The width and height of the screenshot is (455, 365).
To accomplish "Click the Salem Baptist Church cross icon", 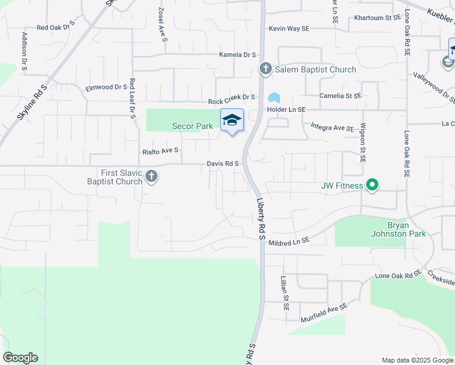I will [265, 69].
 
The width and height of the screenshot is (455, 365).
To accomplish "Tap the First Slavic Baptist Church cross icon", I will [151, 177].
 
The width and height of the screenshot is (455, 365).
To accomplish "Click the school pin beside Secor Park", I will [231, 120].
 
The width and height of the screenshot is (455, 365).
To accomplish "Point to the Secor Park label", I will [191, 126].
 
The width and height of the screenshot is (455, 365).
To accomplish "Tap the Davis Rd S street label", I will [224, 164].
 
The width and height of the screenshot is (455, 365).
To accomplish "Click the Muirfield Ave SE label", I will [324, 313].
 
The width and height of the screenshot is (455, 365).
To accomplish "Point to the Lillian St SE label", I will [283, 292].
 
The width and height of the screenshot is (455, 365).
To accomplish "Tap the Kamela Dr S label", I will [238, 55].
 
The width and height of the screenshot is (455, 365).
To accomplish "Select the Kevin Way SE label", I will [290, 29].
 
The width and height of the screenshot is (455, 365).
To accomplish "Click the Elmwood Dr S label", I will [106, 87].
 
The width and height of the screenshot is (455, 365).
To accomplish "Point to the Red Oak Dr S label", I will [55, 27].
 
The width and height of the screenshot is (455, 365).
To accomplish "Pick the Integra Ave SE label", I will [332, 128].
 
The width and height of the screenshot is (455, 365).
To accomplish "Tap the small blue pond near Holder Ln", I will [274, 97].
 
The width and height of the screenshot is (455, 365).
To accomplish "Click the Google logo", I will [20, 358].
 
